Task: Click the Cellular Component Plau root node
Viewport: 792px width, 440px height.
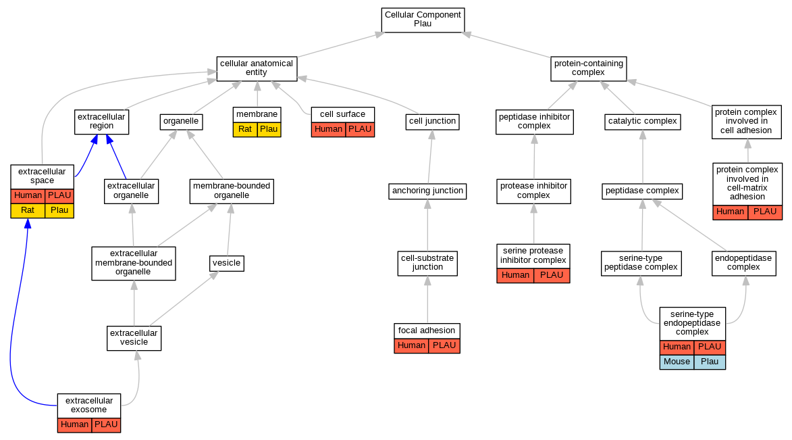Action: point(423,19)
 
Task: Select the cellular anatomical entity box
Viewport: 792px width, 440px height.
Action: point(257,68)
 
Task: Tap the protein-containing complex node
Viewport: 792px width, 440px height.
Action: point(588,68)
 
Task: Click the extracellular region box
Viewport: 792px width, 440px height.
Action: point(101,121)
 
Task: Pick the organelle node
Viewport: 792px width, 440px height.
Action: point(181,122)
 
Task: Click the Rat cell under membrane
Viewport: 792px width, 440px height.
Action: point(245,129)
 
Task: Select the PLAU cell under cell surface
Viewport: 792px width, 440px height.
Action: point(360,129)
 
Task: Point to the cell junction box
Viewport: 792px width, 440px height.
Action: point(433,122)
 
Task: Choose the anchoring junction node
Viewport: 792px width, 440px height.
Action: point(428,191)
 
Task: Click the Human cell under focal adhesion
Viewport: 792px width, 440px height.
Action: point(411,345)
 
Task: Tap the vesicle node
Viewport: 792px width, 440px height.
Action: point(226,263)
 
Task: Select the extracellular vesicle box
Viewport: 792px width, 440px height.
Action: point(134,337)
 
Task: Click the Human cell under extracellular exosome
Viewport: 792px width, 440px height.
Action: point(74,424)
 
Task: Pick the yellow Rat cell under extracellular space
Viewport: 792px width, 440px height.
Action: point(28,210)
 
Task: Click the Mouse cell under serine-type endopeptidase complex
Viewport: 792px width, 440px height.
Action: point(677,362)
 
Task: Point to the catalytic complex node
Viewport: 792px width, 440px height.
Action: point(642,122)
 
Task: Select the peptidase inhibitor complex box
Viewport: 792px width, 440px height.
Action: point(534,121)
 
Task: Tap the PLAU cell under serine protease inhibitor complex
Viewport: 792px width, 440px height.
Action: point(552,275)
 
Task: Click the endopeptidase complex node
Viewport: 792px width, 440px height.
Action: point(745,262)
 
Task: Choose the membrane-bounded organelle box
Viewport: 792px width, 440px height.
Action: point(232,191)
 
